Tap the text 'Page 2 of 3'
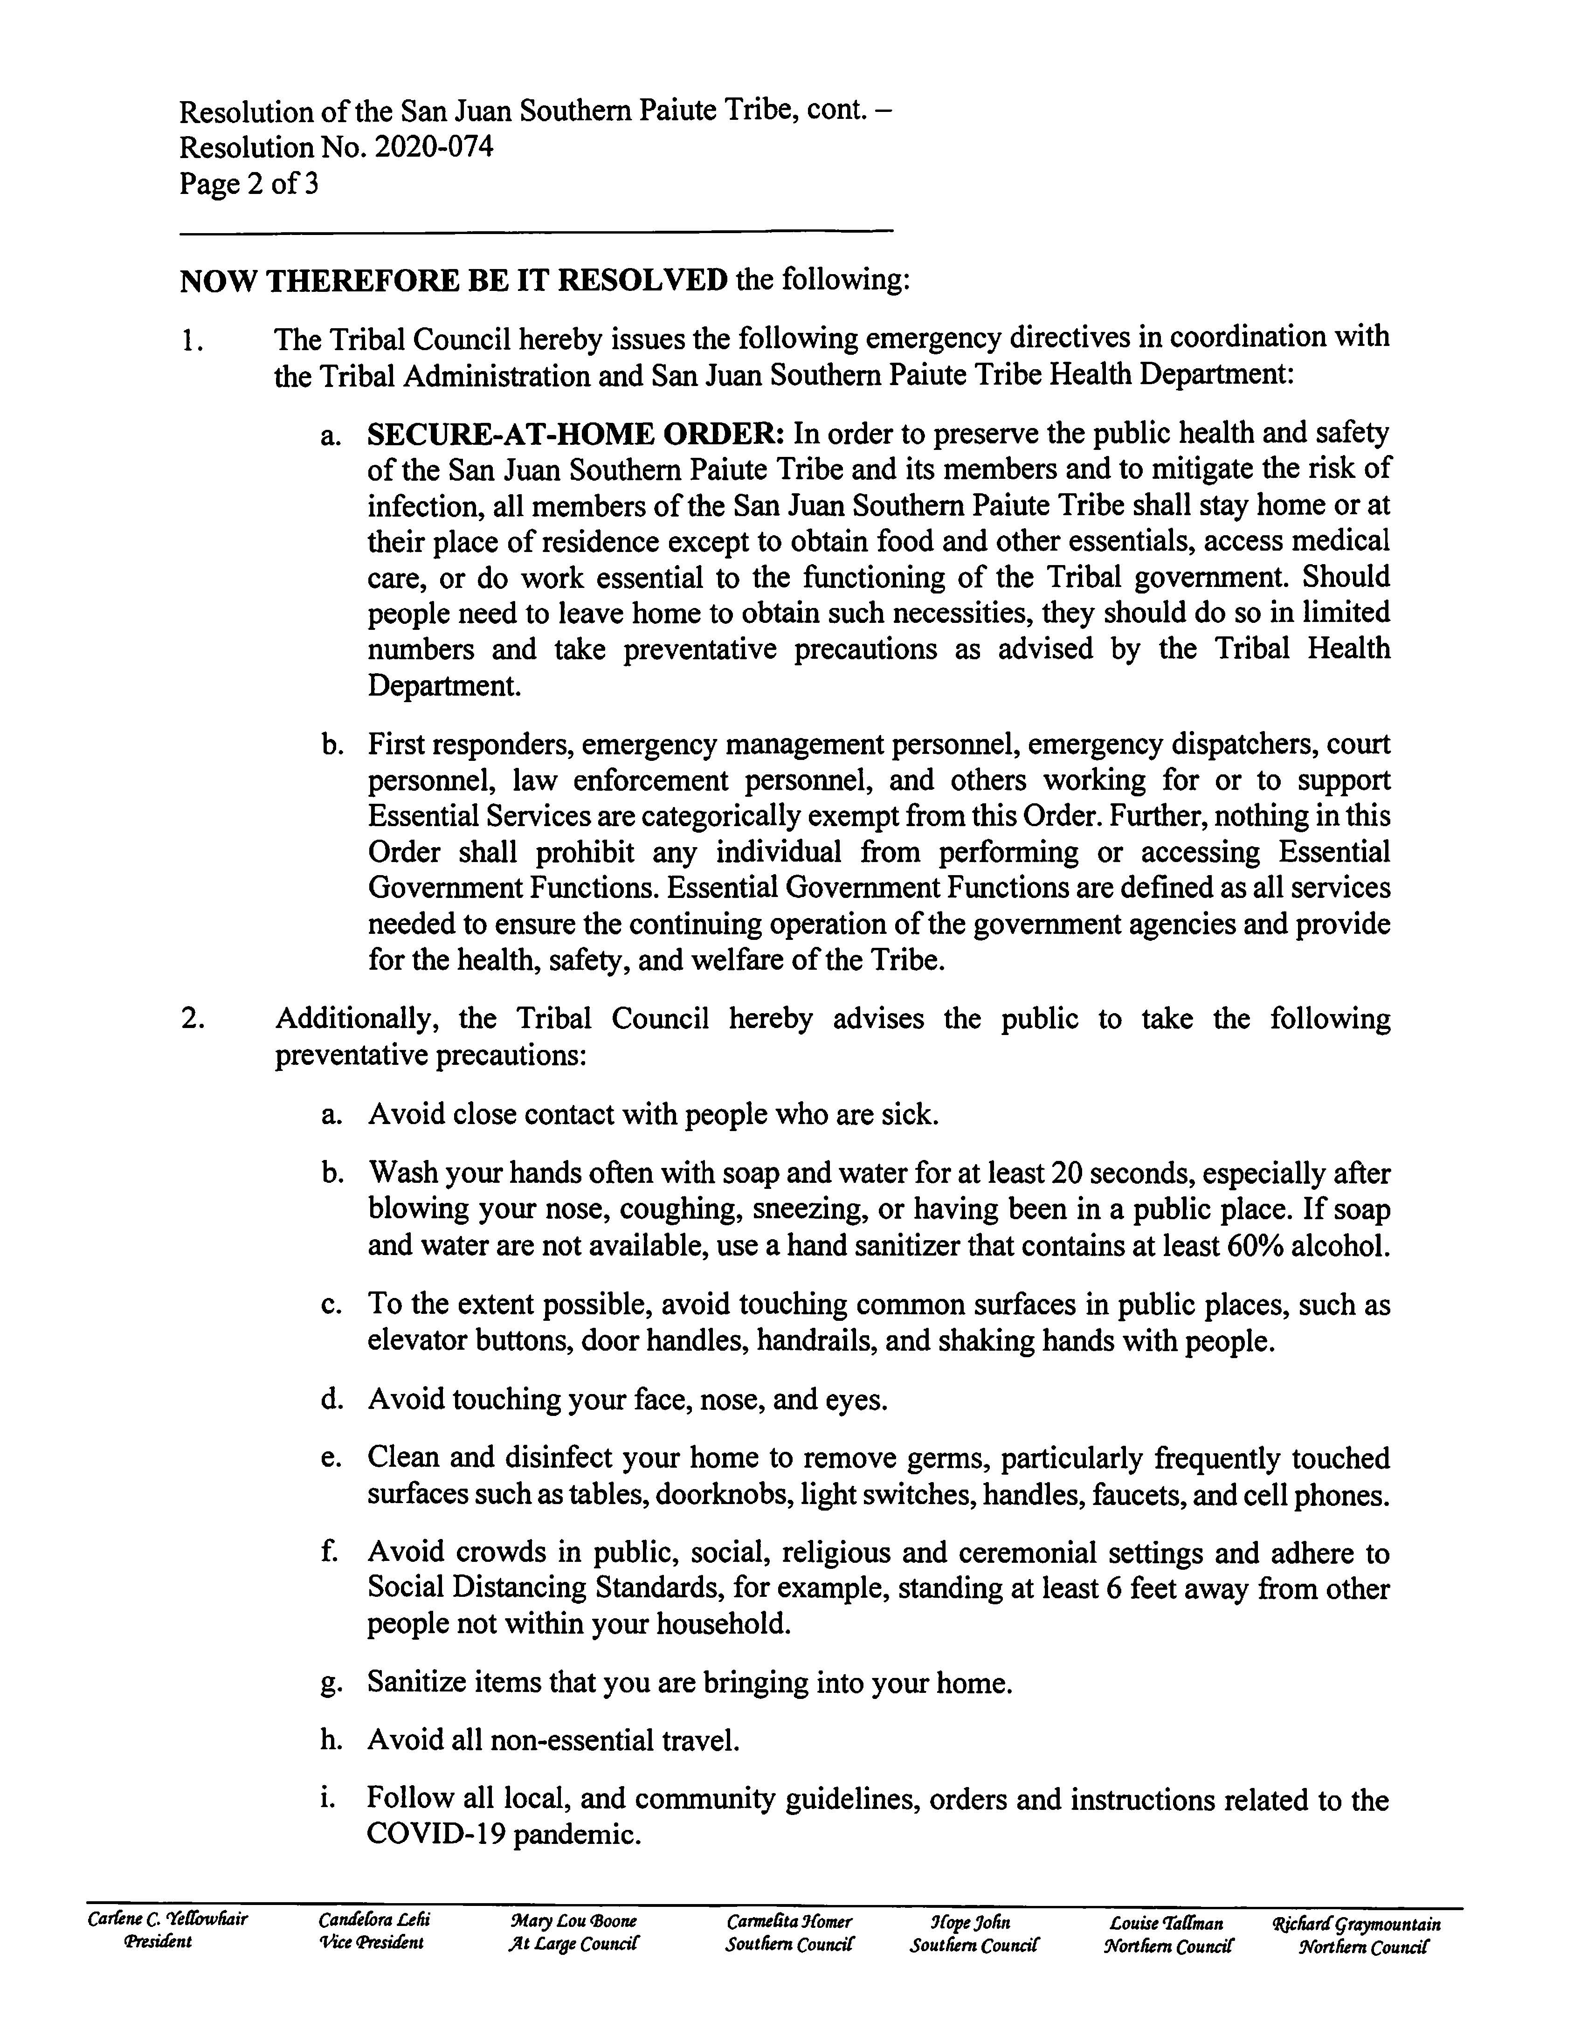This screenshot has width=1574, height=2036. pyautogui.click(x=249, y=184)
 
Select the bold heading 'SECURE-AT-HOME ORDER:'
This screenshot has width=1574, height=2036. pyautogui.click(x=576, y=434)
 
